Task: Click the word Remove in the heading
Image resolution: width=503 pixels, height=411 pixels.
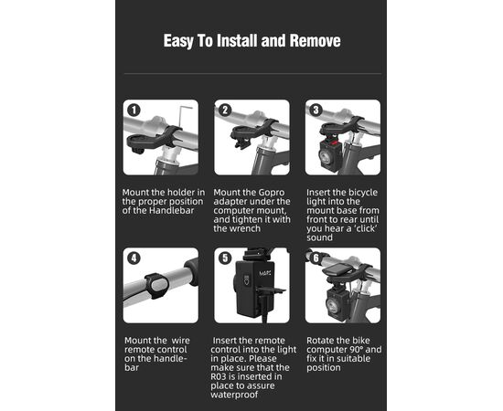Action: tap(315, 41)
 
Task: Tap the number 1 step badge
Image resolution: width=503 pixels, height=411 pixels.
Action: tap(134, 111)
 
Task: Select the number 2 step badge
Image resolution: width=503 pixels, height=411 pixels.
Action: tap(225, 111)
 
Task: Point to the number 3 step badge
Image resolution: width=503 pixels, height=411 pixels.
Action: tap(316, 111)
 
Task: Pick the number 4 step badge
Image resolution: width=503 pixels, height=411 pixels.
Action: tap(134, 258)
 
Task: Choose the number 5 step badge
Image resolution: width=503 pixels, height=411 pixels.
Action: tap(225, 258)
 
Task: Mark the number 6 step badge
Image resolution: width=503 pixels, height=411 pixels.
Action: tap(316, 258)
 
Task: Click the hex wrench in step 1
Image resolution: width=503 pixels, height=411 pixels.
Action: tap(182, 117)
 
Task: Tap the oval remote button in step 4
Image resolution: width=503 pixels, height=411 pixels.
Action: tap(159, 285)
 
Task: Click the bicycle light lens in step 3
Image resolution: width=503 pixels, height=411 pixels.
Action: tap(325, 157)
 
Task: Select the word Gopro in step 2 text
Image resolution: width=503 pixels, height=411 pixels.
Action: tap(272, 193)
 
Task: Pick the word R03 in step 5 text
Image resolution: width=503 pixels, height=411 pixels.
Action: tap(219, 376)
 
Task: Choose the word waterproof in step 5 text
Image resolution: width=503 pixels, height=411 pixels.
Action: tap(234, 395)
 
